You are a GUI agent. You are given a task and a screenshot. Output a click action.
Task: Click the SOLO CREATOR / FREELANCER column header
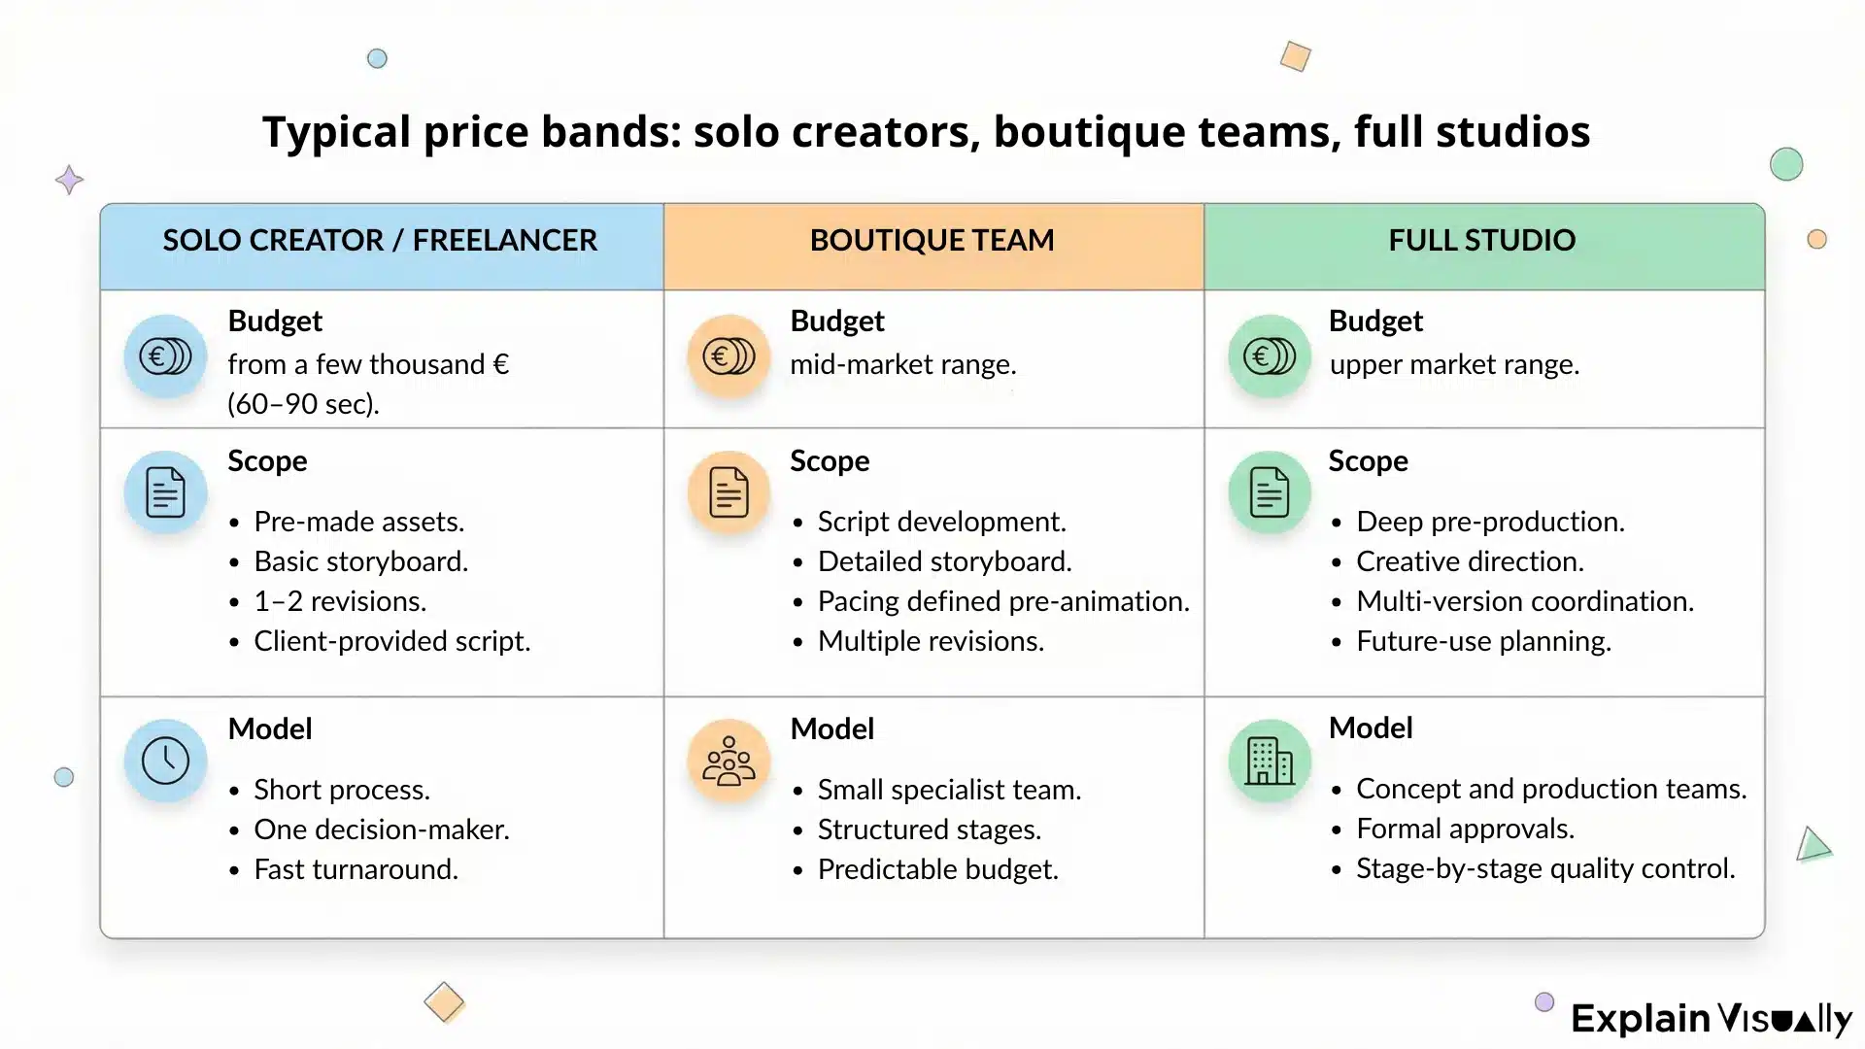[380, 240]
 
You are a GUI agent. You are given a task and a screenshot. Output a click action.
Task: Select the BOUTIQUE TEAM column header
[932, 240]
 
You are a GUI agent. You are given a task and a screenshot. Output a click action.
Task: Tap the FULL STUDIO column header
[1481, 240]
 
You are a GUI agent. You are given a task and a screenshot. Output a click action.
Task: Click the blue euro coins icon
[165, 356]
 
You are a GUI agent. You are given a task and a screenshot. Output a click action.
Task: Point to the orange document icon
[729, 492]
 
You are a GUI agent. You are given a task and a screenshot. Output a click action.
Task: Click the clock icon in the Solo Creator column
[165, 761]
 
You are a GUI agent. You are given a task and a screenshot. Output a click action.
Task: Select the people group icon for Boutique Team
[729, 761]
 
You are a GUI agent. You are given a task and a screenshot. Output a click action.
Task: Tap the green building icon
[1270, 761]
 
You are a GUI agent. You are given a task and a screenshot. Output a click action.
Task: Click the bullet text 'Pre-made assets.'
[358, 522]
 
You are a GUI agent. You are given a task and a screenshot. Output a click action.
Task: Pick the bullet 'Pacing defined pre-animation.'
[1002, 601]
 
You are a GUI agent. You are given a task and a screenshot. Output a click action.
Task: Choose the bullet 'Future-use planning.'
[1483, 641]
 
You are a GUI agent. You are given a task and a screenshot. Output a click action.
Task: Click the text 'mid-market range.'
[902, 364]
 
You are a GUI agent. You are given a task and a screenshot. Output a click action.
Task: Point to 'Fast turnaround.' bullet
[356, 869]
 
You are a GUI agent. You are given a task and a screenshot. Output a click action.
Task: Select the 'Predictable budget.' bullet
[937, 869]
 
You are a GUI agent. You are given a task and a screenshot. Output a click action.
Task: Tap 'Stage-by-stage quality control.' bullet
[1544, 868]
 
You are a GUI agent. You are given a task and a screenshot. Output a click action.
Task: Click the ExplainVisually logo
[1712, 1019]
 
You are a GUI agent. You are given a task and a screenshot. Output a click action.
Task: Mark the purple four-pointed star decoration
[69, 180]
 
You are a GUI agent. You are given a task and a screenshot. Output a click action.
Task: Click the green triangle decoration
[1812, 845]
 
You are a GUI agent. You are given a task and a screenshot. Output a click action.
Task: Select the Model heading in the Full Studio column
[1370, 728]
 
